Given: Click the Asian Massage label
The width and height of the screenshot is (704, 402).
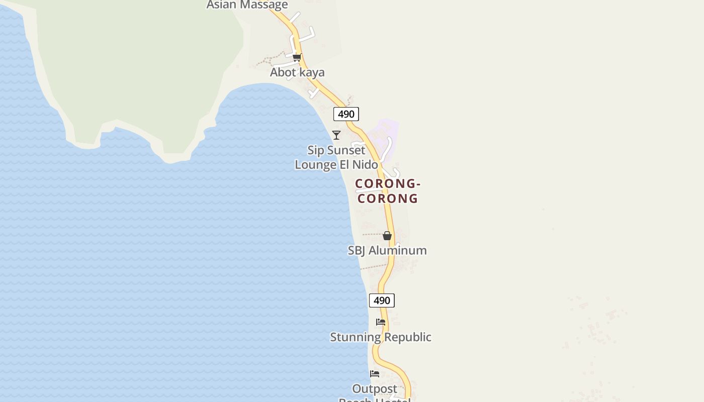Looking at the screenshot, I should (247, 5).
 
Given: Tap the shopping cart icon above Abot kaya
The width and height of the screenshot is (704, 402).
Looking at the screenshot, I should (297, 58).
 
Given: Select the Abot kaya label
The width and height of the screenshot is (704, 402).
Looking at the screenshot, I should (297, 72).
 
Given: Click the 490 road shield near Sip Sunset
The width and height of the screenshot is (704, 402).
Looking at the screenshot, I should (346, 114).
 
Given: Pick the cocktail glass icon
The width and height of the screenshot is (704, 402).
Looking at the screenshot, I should (336, 135).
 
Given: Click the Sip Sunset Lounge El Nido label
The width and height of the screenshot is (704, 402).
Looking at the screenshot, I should (336, 157).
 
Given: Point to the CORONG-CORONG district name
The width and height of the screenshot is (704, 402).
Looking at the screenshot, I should (388, 191).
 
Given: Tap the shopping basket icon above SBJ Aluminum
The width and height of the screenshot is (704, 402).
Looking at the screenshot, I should (387, 236).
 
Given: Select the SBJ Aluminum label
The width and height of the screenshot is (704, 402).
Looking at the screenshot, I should (387, 250).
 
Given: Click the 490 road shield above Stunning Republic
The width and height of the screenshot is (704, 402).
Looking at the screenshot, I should (382, 300).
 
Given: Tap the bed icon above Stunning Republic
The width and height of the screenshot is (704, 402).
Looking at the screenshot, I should (381, 322).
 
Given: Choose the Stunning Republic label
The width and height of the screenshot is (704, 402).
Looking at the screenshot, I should (381, 337).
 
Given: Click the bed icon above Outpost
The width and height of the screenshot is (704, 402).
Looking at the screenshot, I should (375, 374).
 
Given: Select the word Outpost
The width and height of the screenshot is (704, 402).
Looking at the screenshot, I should (375, 389).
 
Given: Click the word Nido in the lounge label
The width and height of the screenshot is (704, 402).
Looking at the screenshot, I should (366, 165).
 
